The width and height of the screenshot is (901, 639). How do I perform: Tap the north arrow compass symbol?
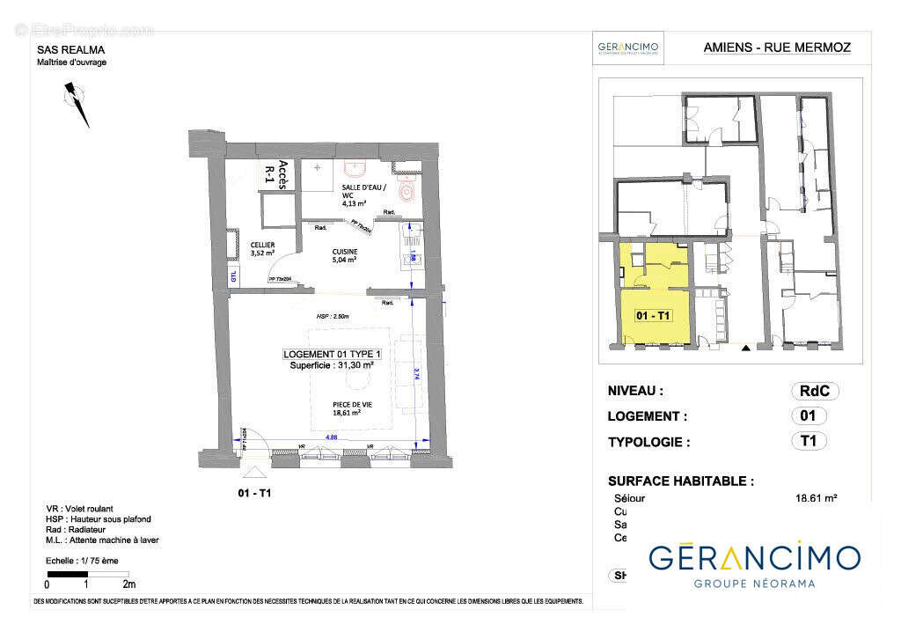(77, 102)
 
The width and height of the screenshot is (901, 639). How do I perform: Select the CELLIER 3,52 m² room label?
(262, 249)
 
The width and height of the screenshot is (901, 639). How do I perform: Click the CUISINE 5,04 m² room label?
(344, 255)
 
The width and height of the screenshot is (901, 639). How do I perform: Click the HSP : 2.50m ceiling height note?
(333, 317)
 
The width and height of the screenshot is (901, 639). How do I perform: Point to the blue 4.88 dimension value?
(333, 436)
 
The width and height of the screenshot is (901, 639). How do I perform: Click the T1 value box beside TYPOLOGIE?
(809, 441)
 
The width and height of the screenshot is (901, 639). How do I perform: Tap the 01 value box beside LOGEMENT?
(809, 416)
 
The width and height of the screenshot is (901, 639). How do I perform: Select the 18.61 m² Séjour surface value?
(816, 498)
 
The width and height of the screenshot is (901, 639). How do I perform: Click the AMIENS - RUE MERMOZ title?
(777, 48)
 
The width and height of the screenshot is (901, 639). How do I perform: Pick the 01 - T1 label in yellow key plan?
(654, 315)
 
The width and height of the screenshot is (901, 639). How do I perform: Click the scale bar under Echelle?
(87, 574)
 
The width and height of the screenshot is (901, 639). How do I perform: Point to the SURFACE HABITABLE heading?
(680, 481)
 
